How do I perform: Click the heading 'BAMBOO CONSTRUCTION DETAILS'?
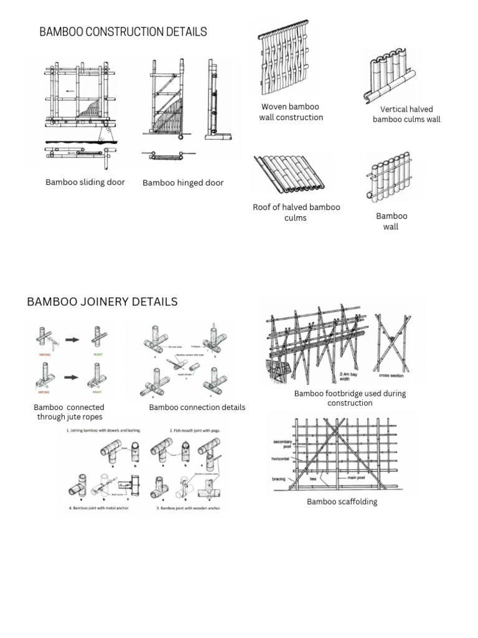pos(123,32)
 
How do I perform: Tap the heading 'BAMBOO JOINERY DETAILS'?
pos(102,302)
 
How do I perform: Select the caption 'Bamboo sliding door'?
pos(85,183)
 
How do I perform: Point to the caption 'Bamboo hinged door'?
pos(183,183)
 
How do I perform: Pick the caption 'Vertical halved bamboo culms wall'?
pos(406,114)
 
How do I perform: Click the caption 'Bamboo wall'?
pos(391,221)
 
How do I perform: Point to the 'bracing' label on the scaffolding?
pos(279,479)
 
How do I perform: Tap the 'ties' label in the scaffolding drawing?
pos(314,479)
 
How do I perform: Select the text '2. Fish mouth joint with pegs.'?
pos(195,431)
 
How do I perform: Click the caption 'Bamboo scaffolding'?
pos(342,502)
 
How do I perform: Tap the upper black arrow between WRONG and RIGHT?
pos(73,340)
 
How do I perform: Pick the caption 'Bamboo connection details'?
pos(197,407)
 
